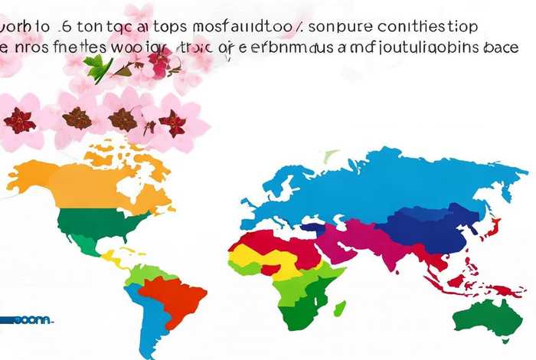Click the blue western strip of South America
(145, 314)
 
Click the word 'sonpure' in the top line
(344, 26)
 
